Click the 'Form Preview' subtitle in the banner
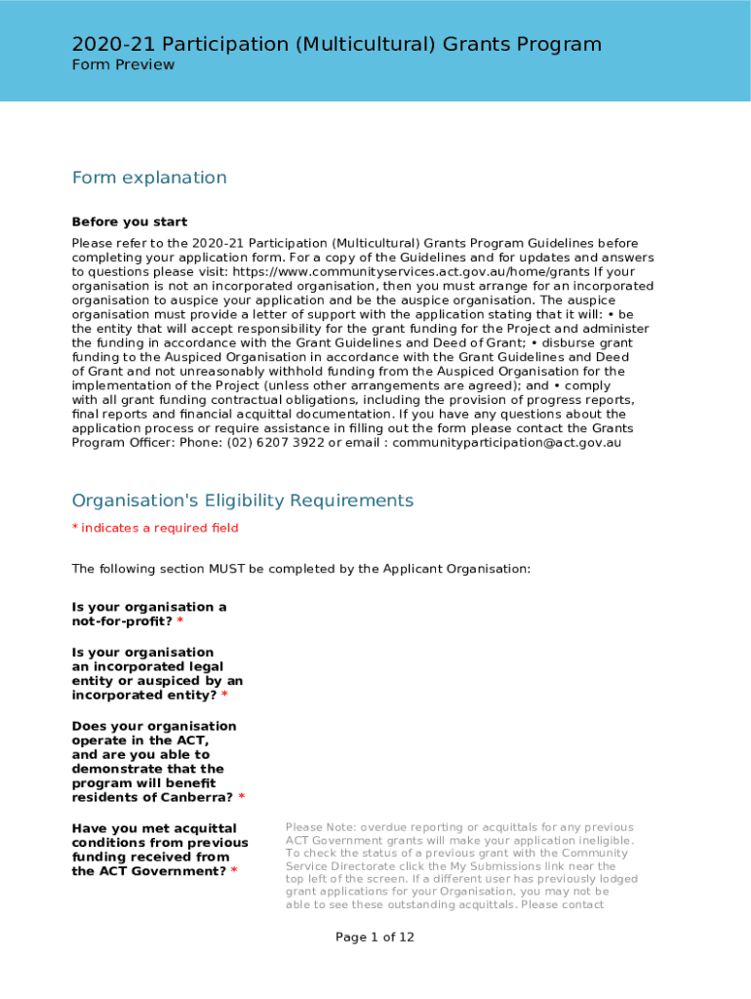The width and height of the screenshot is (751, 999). pyautogui.click(x=123, y=65)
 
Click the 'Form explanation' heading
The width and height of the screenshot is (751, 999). pyautogui.click(x=149, y=178)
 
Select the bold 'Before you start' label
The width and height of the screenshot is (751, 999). pyautogui.click(x=130, y=221)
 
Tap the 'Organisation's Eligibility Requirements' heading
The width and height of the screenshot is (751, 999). pyautogui.click(x=243, y=500)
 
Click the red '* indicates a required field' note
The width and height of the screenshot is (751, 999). pyautogui.click(x=155, y=528)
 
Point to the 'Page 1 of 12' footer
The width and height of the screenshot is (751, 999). pyautogui.click(x=375, y=938)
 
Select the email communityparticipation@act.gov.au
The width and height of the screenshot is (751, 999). pyautogui.click(x=507, y=443)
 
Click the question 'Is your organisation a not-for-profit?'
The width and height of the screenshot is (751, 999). pyautogui.click(x=148, y=615)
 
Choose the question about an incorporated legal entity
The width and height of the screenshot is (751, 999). pyautogui.click(x=156, y=674)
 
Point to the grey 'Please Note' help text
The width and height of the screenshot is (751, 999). pyautogui.click(x=460, y=865)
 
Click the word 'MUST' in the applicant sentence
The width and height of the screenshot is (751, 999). pyautogui.click(x=226, y=569)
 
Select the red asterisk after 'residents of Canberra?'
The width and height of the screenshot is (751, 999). pyautogui.click(x=242, y=798)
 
